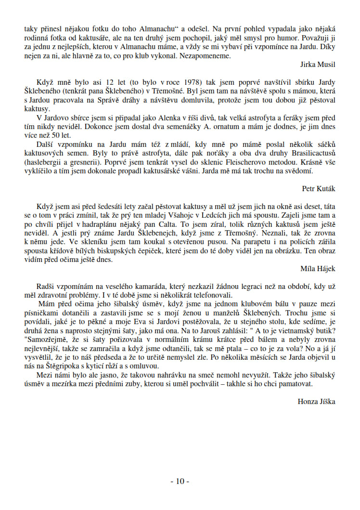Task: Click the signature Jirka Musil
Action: [x=318, y=64]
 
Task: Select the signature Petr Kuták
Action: [x=319, y=188]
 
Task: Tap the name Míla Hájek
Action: [x=318, y=268]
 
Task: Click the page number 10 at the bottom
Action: [x=180, y=481]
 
